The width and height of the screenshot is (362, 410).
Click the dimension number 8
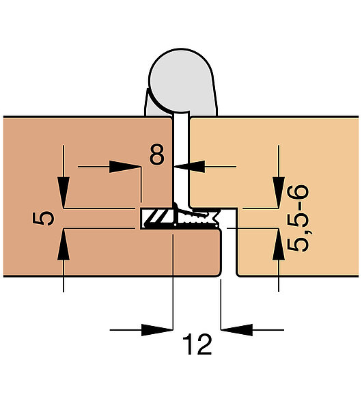tap(157, 154)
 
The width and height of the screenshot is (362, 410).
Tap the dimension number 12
tap(197, 344)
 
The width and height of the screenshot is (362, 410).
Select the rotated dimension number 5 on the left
tap(44, 219)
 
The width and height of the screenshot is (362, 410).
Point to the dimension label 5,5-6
tap(298, 219)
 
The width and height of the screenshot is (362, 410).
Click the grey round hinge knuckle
tap(181, 80)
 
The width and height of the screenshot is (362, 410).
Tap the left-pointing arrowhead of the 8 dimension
tap(189, 167)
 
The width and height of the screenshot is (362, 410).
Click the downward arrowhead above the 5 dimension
tap(64, 192)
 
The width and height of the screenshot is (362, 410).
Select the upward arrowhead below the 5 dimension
tap(64, 245)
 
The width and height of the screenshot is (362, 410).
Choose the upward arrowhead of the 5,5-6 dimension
tap(279, 245)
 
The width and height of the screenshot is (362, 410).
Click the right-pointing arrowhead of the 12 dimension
tap(157, 330)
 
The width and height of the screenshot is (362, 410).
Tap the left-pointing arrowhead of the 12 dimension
tap(237, 330)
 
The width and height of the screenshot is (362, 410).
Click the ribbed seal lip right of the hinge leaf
tap(197, 217)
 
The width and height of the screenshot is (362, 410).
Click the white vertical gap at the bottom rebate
tap(229, 251)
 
